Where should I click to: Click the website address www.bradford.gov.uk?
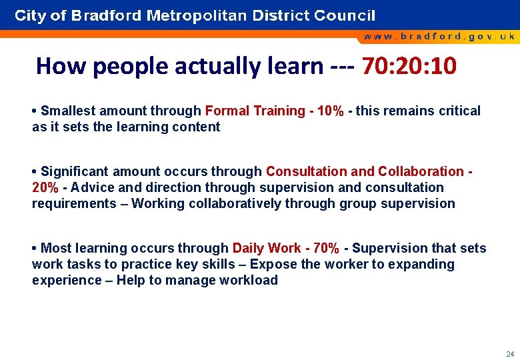click(439, 37)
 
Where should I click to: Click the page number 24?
click(509, 354)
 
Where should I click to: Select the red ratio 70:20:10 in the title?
click(409, 66)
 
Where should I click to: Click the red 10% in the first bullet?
click(331, 111)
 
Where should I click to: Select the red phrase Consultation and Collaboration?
click(365, 171)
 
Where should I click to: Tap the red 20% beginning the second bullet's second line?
click(45, 187)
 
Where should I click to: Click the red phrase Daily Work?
click(266, 248)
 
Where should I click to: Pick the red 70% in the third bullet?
click(325, 248)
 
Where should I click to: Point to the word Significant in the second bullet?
click(74, 171)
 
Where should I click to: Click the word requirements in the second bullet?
click(73, 203)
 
